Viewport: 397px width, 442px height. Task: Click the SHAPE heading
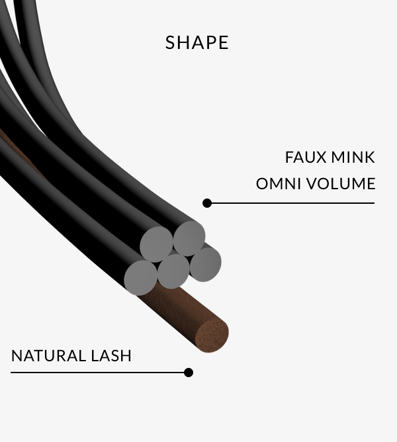point(197,42)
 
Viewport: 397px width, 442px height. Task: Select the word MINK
point(355,157)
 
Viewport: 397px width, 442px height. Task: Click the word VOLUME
point(341,183)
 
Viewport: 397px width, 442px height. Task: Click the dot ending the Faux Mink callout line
point(207,203)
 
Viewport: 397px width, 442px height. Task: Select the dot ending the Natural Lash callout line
point(189,373)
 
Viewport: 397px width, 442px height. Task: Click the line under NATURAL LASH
point(99,373)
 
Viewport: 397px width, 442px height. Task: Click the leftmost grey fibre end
point(141,277)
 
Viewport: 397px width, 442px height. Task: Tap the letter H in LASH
point(126,355)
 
